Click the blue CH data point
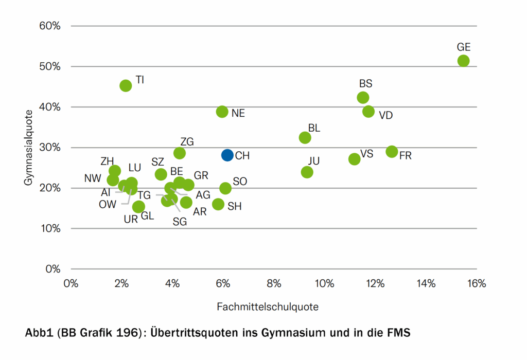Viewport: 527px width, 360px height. click(x=227, y=155)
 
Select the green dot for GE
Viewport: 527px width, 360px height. click(x=463, y=61)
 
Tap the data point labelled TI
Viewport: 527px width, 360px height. click(x=126, y=85)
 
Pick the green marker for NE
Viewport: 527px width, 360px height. click(x=222, y=112)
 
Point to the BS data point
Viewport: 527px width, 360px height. click(x=363, y=97)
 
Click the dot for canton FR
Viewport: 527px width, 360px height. click(x=392, y=151)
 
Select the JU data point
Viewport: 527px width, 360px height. click(x=307, y=172)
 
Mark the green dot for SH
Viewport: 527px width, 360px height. click(x=218, y=204)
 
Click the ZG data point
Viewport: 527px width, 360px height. click(x=179, y=153)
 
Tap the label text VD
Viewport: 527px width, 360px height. click(x=385, y=115)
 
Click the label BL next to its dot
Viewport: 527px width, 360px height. click(x=314, y=128)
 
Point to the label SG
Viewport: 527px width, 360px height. click(x=180, y=222)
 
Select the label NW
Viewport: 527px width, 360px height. click(x=93, y=178)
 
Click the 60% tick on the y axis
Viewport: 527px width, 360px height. click(x=50, y=26)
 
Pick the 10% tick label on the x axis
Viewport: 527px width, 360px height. click(x=324, y=284)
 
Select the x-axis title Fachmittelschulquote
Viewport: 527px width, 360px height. click(x=268, y=307)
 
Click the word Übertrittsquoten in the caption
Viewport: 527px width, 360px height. click(x=194, y=333)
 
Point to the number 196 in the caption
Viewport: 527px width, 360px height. click(x=126, y=333)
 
